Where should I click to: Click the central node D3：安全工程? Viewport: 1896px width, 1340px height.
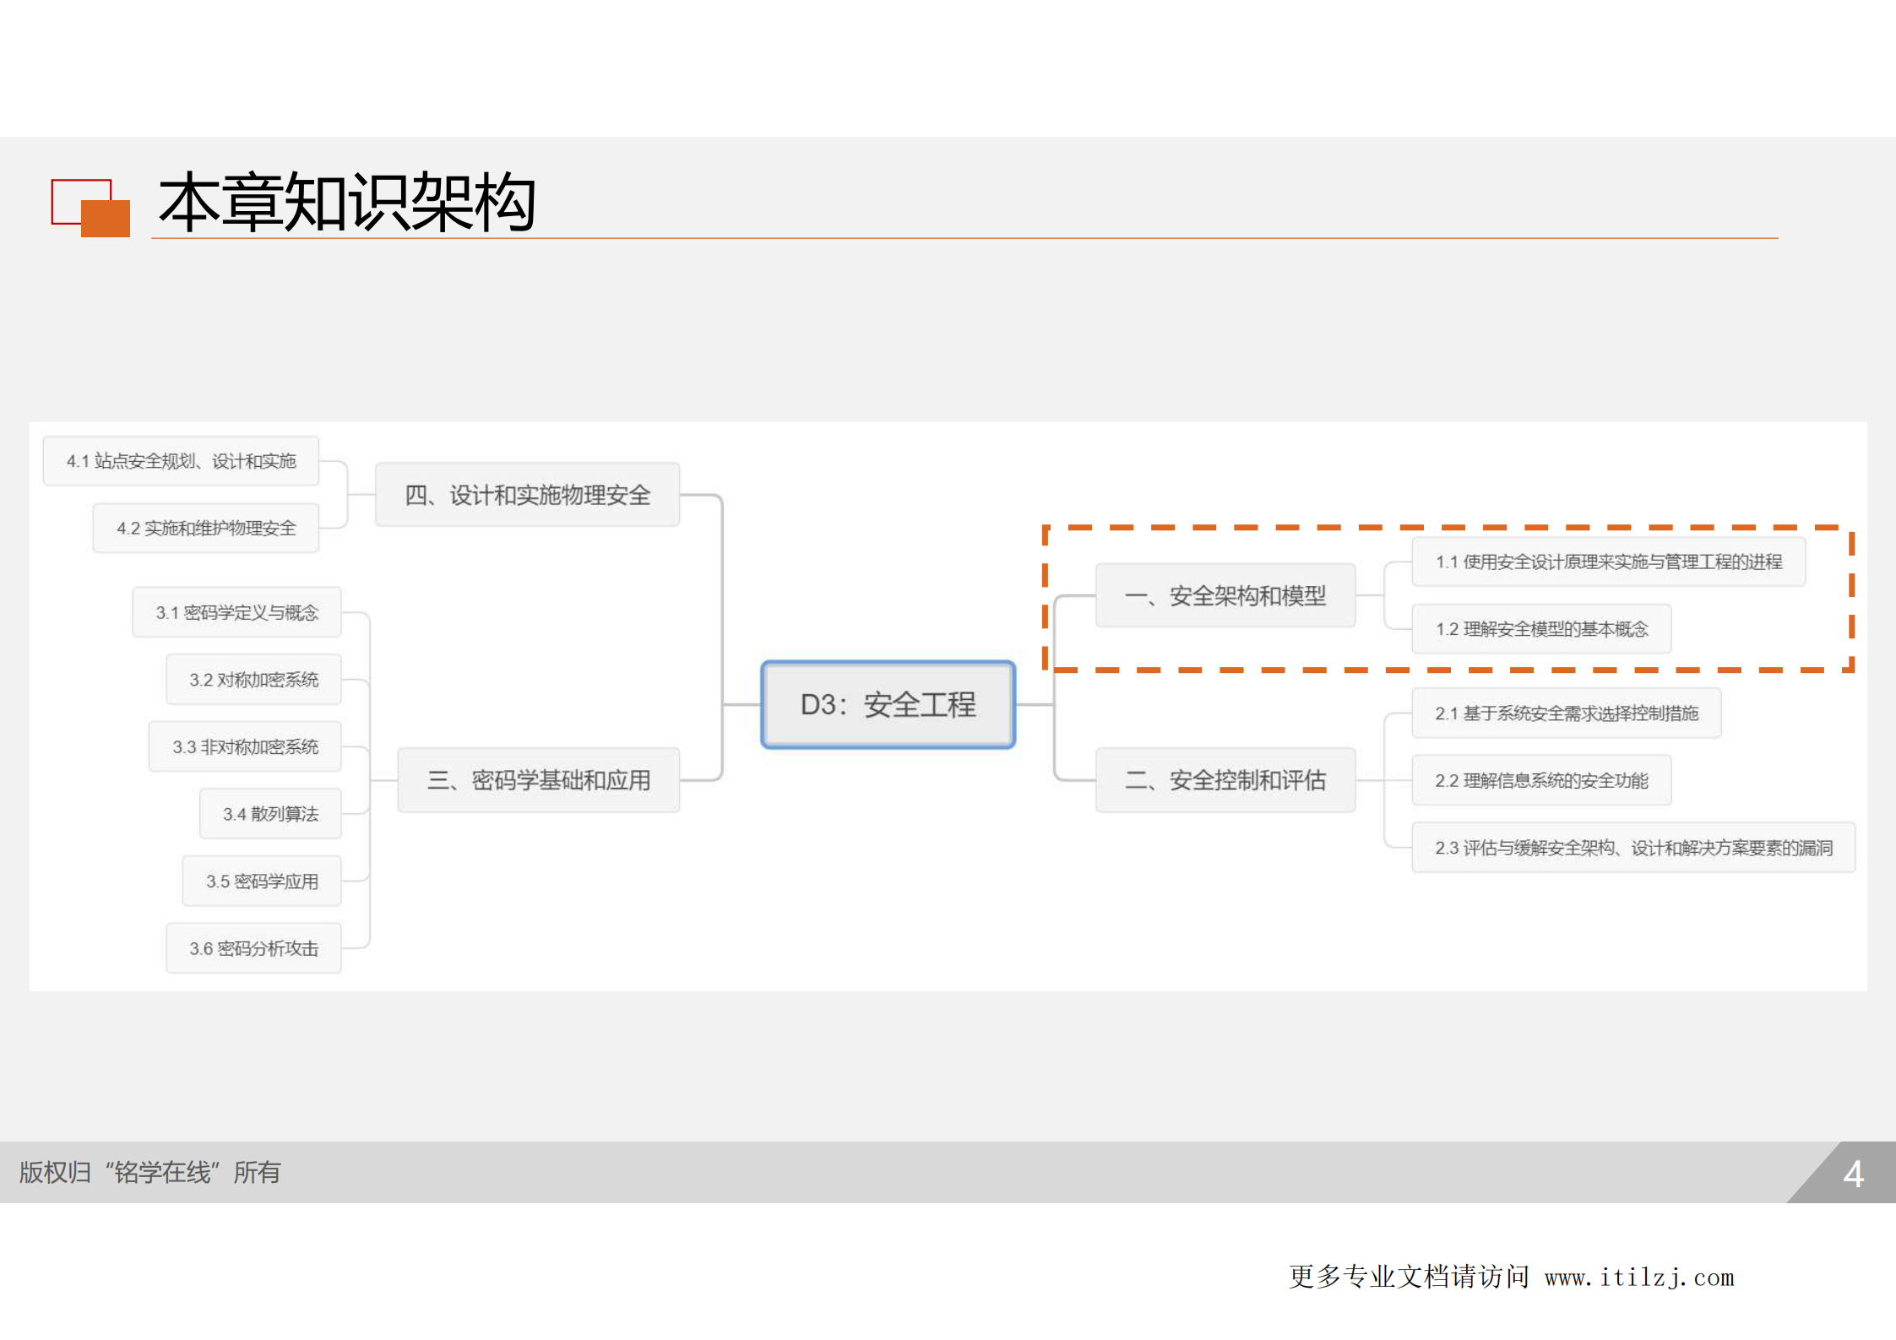pyautogui.click(x=888, y=704)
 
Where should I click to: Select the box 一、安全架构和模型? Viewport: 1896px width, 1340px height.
pyautogui.click(x=1225, y=595)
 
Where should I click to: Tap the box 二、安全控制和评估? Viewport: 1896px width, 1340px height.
pyautogui.click(x=1225, y=779)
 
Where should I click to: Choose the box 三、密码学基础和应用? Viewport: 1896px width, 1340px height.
pyautogui.click(x=539, y=779)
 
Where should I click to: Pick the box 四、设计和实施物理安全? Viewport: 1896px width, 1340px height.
pyautogui.click(x=527, y=495)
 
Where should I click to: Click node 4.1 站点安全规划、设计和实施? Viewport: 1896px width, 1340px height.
pyautogui.click(x=181, y=461)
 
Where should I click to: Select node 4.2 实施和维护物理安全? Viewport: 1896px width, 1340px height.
pyautogui.click(x=206, y=529)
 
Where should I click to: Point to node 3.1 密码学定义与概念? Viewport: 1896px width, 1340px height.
pyautogui.click(x=236, y=612)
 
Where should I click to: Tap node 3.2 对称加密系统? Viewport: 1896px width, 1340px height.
pyautogui.click(x=253, y=680)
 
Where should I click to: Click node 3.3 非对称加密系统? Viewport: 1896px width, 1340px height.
pyautogui.click(x=245, y=746)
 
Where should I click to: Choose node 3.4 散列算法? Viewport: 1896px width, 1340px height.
pyautogui.click(x=270, y=814)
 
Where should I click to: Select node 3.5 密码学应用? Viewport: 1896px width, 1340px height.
pyautogui.click(x=262, y=882)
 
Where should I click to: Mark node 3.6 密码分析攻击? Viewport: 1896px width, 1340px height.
pyautogui.click(x=253, y=948)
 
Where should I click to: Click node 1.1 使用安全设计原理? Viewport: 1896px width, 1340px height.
pyautogui.click(x=1608, y=562)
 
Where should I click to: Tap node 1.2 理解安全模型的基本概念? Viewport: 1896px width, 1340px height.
pyautogui.click(x=1541, y=629)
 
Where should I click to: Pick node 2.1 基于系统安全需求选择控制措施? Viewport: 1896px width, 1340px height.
pyautogui.click(x=1566, y=713)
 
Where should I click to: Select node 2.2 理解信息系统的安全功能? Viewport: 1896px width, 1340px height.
pyautogui.click(x=1541, y=780)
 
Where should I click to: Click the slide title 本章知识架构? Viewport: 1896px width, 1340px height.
pyautogui.click(x=347, y=203)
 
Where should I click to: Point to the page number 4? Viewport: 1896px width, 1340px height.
pyautogui.click(x=1853, y=1174)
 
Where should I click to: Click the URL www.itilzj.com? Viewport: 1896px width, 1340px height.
pyautogui.click(x=1638, y=1278)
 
